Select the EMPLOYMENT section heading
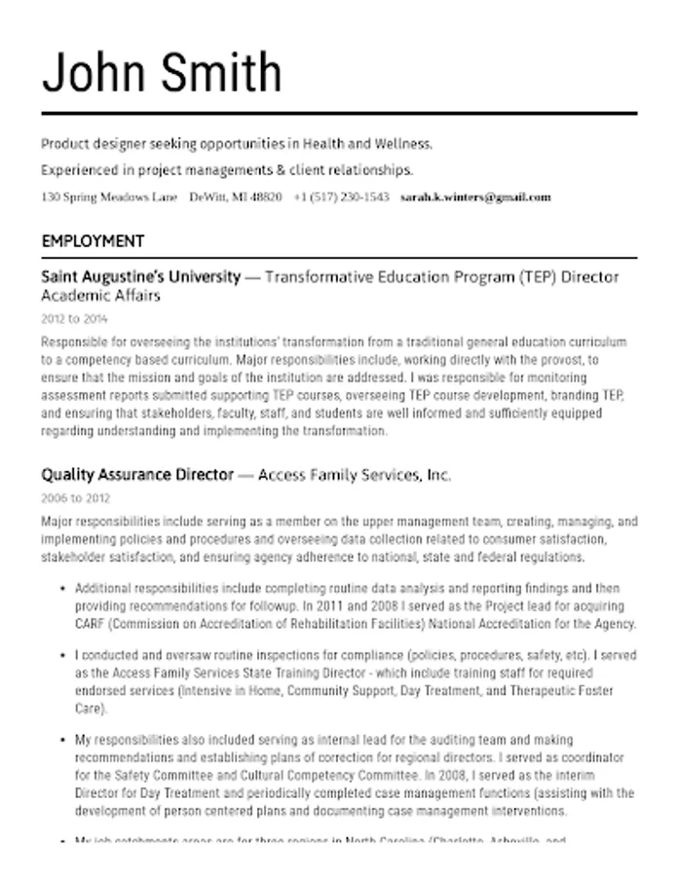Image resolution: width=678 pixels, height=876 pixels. click(93, 240)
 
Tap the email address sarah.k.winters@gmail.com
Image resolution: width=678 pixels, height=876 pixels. click(475, 197)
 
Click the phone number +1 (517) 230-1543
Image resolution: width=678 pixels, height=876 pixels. click(341, 197)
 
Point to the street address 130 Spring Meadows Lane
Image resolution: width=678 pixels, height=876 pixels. click(109, 197)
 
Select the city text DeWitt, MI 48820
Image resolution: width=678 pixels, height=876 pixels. click(236, 197)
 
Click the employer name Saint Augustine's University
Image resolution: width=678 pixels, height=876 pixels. click(140, 276)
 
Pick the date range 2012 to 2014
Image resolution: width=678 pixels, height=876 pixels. click(75, 318)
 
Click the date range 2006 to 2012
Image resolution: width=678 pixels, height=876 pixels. click(75, 497)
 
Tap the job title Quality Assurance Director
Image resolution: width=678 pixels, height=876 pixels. click(137, 475)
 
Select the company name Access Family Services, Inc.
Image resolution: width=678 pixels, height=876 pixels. click(355, 475)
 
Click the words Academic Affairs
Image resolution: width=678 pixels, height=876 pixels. click(100, 295)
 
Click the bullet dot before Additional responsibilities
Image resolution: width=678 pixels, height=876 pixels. click(62, 589)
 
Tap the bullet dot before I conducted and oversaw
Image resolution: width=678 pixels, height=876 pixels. click(62, 656)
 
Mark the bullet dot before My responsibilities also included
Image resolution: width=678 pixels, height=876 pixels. click(62, 741)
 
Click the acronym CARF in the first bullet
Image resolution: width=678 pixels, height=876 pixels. click(91, 624)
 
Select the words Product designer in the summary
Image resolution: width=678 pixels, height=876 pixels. click(89, 144)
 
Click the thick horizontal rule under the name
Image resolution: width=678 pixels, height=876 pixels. click(339, 114)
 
